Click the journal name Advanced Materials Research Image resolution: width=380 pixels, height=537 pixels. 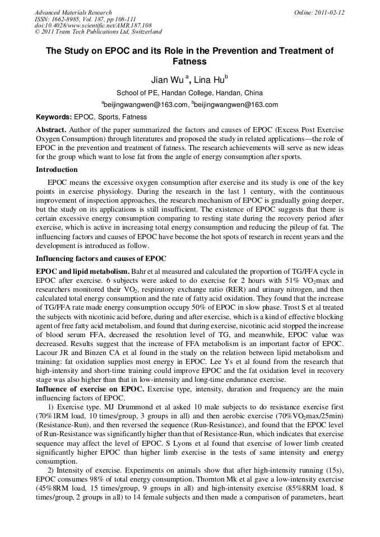tap(73, 12)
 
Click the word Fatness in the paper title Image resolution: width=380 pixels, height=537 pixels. tap(189, 62)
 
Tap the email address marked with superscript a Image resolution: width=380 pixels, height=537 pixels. tap(145, 105)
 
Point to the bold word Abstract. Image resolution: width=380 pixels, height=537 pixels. tap(52, 129)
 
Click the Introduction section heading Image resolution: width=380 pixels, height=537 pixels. tap(57, 170)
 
